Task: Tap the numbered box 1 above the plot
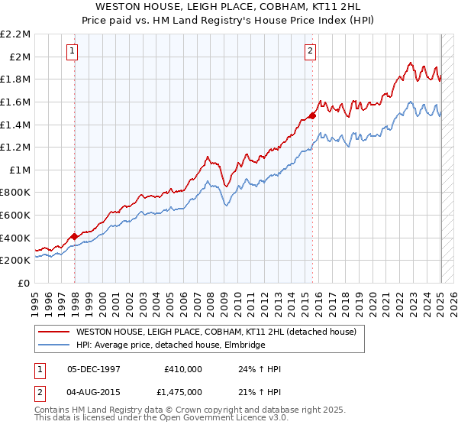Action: click(x=72, y=51)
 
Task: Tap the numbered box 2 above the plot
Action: click(x=311, y=51)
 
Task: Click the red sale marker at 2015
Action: click(x=312, y=116)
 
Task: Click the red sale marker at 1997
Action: click(x=74, y=236)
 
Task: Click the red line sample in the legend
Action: click(x=54, y=332)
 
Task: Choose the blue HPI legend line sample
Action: click(x=54, y=345)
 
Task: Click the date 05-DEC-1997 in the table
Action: click(x=94, y=368)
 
